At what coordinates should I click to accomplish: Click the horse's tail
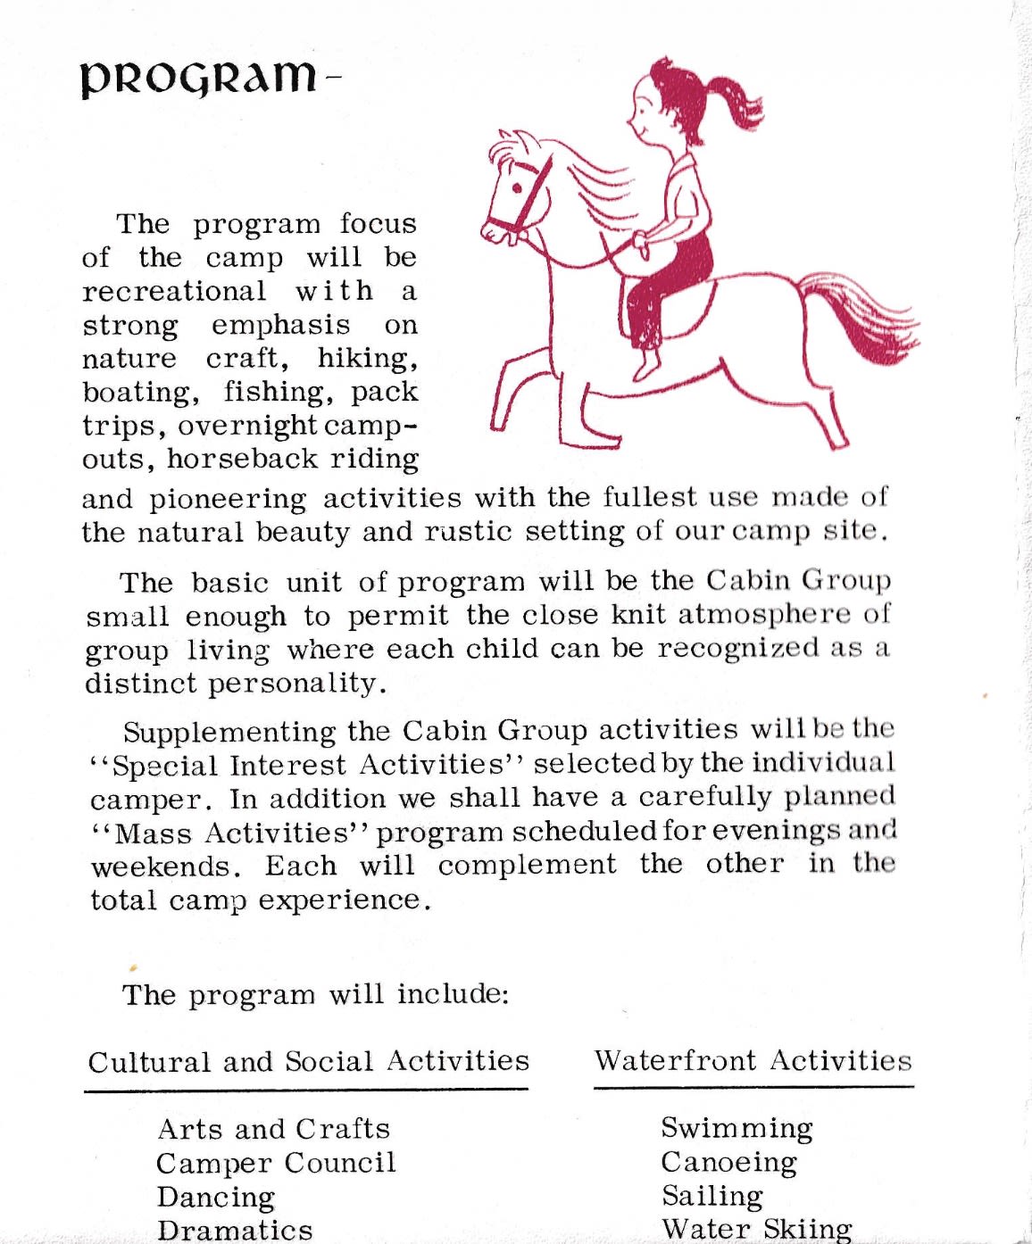(x=857, y=317)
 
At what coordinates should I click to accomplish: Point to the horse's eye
(x=516, y=188)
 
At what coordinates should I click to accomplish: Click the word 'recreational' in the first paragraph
(x=174, y=291)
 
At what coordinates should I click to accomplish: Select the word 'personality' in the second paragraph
(x=297, y=684)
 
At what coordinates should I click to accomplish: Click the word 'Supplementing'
(x=229, y=732)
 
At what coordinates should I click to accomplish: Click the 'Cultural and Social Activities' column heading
(x=308, y=1061)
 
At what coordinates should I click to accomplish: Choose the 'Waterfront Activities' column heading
(x=753, y=1060)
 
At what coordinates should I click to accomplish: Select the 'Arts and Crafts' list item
(x=274, y=1129)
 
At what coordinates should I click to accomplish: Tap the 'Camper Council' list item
(x=276, y=1163)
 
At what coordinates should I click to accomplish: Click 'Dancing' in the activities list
(x=216, y=1197)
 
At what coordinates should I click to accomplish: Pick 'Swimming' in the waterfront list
(x=737, y=1128)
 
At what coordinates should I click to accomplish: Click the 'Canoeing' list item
(x=728, y=1162)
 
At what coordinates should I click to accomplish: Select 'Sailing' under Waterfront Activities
(x=712, y=1196)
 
